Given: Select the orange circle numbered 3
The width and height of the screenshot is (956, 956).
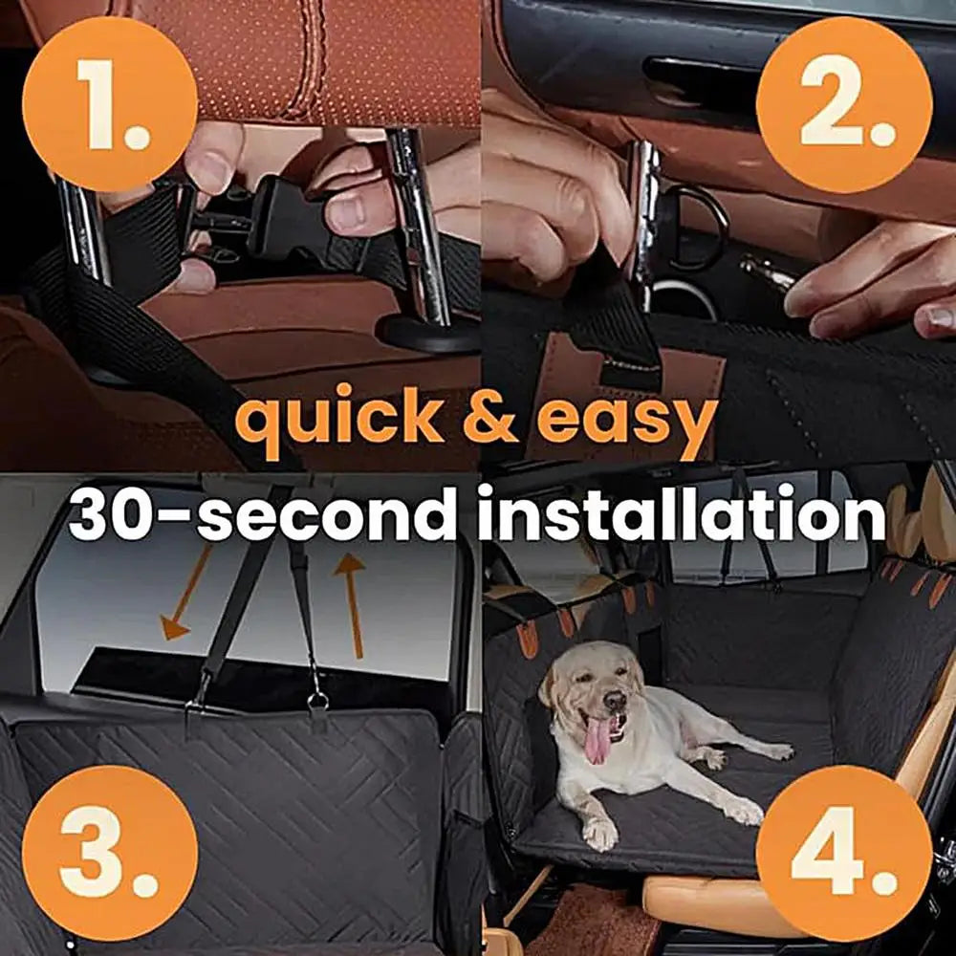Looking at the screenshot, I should click(110, 853).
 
